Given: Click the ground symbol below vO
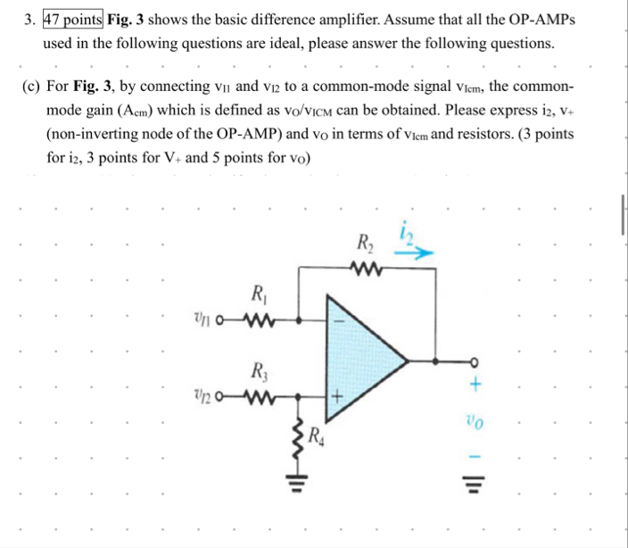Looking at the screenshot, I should (x=475, y=486).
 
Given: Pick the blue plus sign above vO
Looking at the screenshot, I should (x=475, y=386).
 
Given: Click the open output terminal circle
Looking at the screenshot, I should (x=475, y=362).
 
